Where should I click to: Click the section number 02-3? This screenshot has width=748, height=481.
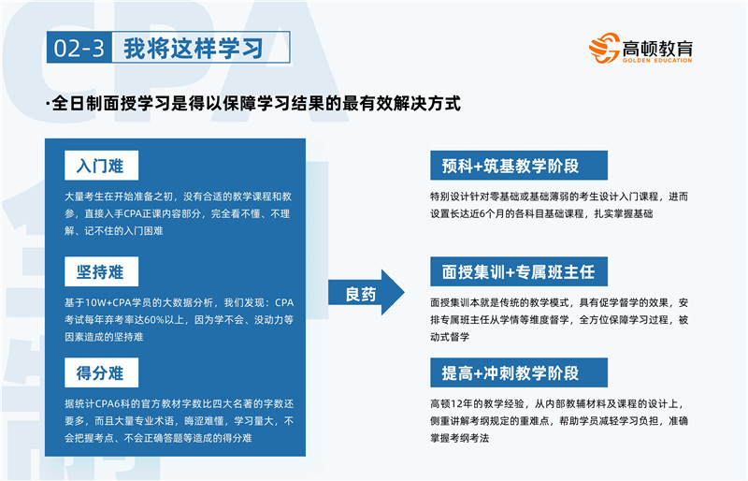79,48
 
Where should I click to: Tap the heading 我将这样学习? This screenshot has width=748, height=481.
194,48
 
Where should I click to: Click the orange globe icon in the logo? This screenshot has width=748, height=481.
604,48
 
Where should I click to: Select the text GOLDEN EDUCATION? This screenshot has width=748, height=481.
657,60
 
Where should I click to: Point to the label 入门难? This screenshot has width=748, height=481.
101,166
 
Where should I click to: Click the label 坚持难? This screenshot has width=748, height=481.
101,271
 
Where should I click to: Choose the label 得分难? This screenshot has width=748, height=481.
101,372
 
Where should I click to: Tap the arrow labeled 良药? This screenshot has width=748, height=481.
366,293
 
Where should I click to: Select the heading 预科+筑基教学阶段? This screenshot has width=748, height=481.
510,166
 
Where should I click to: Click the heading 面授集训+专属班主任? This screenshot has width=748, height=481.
518,271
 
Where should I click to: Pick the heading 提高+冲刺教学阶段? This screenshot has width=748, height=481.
510,372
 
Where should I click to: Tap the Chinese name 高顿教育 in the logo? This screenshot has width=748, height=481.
657,48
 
